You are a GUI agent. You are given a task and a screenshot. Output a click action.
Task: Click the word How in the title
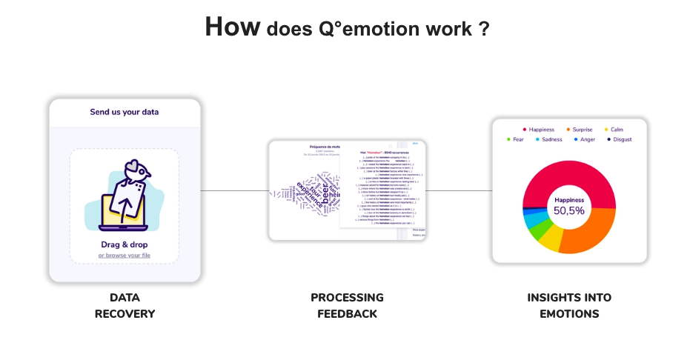tap(232, 27)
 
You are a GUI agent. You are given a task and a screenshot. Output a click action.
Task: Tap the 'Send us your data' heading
tap(125, 112)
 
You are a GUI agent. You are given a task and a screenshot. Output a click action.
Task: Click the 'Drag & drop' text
tap(125, 244)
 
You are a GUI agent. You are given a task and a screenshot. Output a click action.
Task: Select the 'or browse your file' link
tap(125, 256)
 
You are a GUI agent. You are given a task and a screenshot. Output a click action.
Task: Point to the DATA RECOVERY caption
tap(125, 305)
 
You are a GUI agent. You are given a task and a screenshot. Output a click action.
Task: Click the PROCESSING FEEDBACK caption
tap(347, 305)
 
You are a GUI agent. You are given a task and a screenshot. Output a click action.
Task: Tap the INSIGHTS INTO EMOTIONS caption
tap(569, 305)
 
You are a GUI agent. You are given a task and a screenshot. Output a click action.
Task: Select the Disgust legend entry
tap(622, 139)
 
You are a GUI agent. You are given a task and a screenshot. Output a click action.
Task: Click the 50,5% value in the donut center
tap(569, 210)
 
